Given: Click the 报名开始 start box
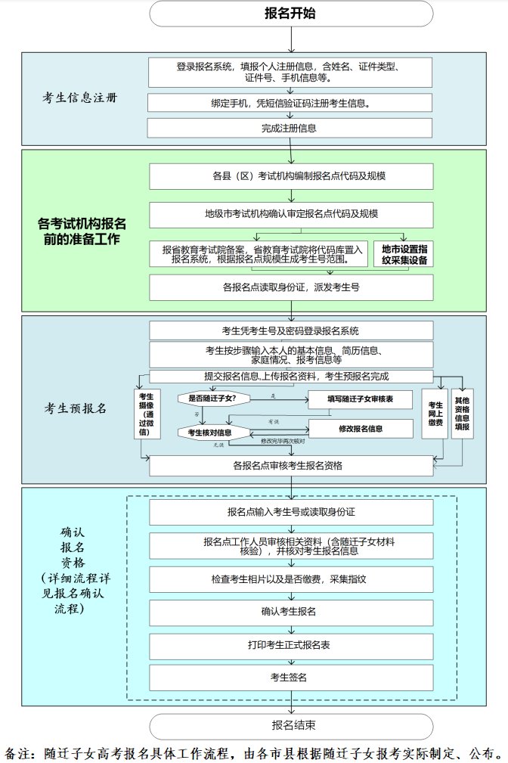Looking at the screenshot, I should tap(291, 14).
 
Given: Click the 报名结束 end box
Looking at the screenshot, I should tap(291, 725).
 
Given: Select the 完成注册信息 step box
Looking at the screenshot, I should tap(291, 128).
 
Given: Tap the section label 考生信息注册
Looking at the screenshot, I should tap(80, 99).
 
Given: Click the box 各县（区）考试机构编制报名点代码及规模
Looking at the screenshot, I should tap(291, 176).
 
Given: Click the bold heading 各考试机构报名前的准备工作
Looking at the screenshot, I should tap(82, 231).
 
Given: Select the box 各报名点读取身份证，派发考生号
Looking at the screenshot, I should tap(291, 287).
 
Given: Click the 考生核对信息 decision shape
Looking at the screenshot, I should tap(210, 433).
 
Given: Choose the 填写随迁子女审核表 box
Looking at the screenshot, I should tap(360, 399).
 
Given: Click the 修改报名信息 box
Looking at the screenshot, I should tap(360, 429).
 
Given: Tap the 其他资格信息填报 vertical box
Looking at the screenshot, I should tap(462, 413).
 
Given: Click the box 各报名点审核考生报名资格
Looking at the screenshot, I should tap(291, 466).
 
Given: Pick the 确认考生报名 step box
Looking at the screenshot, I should tap(291, 610).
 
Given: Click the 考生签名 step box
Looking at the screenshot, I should tap(291, 676).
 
